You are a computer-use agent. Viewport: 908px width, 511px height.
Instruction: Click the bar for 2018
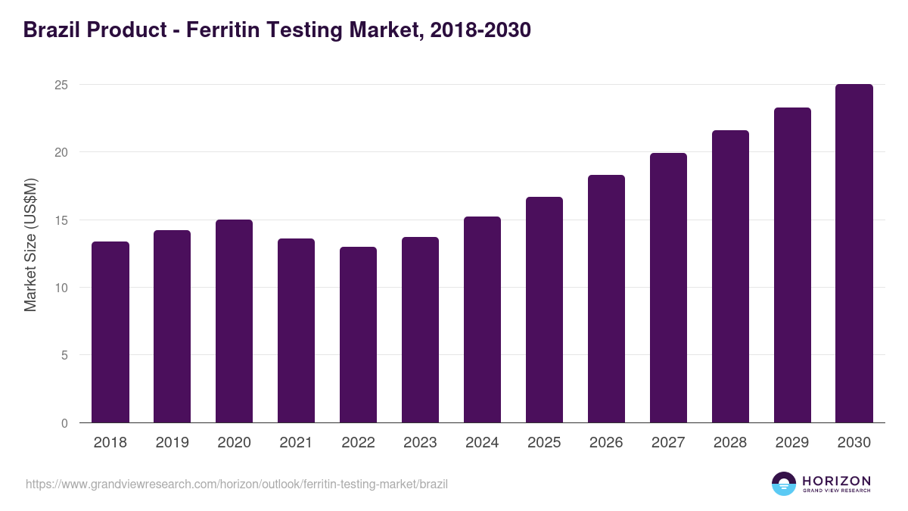point(110,332)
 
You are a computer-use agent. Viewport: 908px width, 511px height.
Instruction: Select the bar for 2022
point(359,335)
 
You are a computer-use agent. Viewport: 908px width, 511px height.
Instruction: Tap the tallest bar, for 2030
point(854,254)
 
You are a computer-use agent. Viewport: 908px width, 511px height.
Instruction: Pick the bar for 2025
point(545,310)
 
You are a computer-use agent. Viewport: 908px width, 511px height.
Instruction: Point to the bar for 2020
point(235,321)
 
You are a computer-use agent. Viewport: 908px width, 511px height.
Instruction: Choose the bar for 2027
point(668,288)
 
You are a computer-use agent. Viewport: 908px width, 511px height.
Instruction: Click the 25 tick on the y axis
point(61,85)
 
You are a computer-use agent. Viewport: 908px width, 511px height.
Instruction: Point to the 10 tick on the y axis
point(61,288)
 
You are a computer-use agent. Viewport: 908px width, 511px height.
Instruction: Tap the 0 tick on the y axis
point(64,423)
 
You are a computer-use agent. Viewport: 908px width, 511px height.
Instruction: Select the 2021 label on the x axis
point(297,443)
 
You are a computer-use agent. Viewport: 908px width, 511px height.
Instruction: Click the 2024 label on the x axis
point(483,443)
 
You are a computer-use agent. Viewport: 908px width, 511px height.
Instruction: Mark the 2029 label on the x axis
point(792,443)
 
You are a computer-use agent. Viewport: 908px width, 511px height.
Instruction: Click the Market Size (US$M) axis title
point(31,245)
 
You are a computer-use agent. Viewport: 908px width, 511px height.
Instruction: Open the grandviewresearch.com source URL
point(237,484)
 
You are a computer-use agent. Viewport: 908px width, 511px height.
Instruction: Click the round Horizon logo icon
point(784,484)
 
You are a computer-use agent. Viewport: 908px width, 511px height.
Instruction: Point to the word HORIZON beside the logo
point(836,481)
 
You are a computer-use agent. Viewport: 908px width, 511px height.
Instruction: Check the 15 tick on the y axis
point(61,220)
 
